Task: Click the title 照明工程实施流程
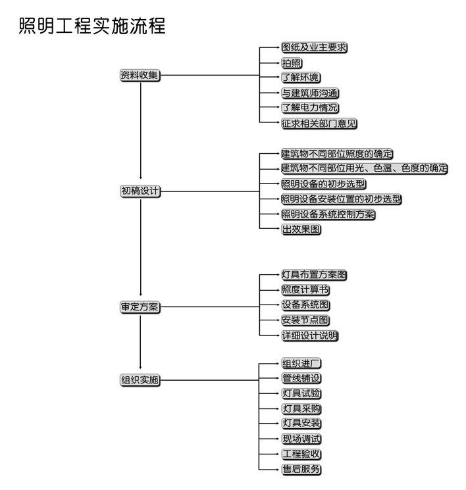click(92, 26)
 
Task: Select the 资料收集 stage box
click(140, 76)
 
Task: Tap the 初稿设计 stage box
click(140, 191)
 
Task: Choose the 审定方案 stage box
click(140, 307)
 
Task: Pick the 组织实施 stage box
click(140, 380)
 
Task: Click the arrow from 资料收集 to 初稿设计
click(140, 130)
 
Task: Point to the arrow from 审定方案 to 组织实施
click(140, 342)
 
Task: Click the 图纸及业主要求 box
click(314, 47)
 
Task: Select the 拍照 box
click(292, 63)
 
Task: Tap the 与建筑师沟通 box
click(310, 93)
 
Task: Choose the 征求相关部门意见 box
click(319, 124)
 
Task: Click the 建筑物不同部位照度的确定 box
click(337, 154)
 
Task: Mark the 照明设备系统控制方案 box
click(328, 214)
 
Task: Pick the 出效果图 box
click(301, 230)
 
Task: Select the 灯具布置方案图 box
click(314, 275)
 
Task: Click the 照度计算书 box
click(305, 290)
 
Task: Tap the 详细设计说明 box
click(309, 335)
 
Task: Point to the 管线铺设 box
click(301, 378)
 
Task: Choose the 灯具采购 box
click(301, 408)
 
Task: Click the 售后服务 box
click(301, 470)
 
